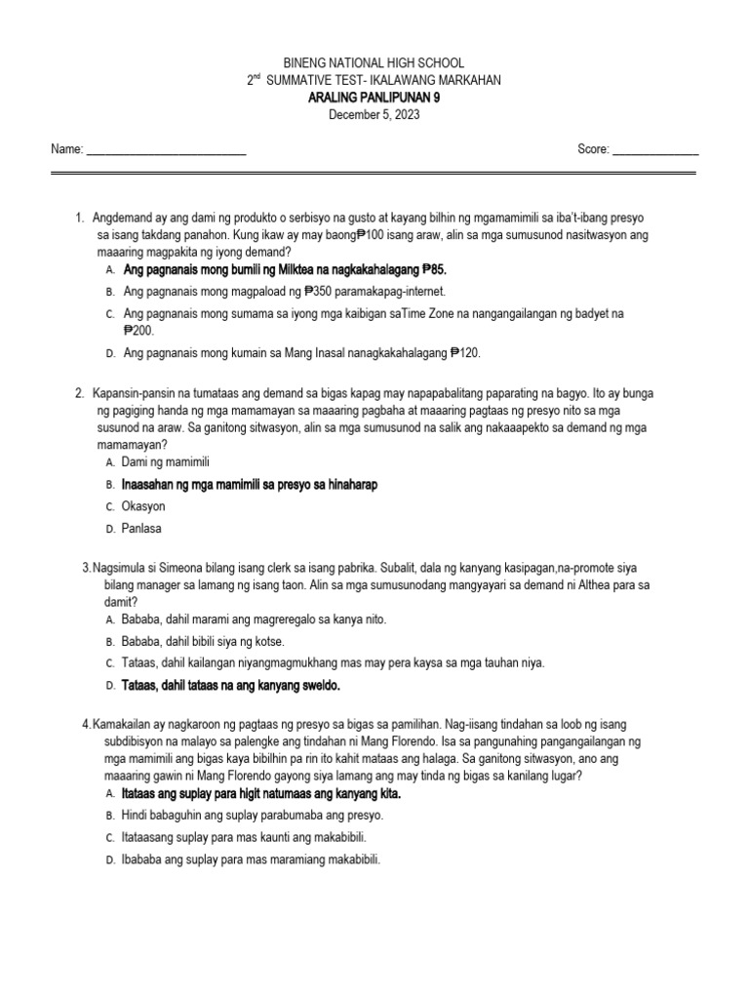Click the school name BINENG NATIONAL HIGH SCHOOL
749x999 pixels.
(x=374, y=62)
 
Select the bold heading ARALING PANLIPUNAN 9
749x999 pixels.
(x=374, y=98)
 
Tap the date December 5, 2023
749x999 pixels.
(x=374, y=115)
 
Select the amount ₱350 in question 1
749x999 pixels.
(x=320, y=291)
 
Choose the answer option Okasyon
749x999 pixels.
(x=144, y=506)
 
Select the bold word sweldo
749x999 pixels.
(x=318, y=686)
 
